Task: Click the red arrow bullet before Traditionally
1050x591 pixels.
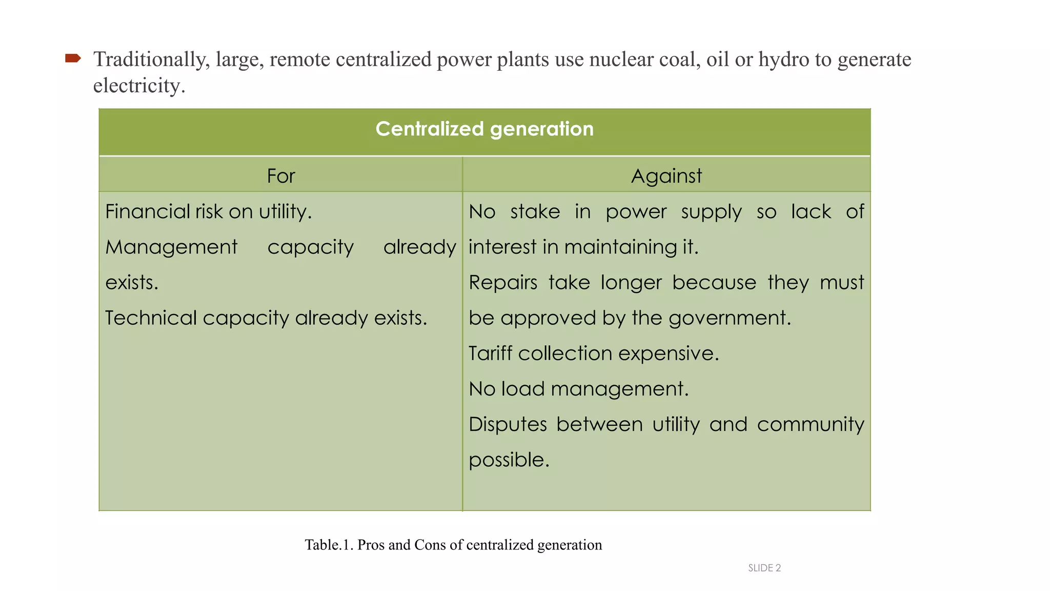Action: [73, 58]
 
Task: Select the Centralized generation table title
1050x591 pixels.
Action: [484, 129]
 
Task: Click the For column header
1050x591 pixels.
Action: [281, 176]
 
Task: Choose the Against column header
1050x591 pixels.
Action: [666, 176]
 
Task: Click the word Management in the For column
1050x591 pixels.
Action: [171, 247]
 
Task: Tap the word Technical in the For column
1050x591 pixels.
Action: [151, 318]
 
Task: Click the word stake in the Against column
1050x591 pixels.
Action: [535, 211]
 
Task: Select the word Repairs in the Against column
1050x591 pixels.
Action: [503, 283]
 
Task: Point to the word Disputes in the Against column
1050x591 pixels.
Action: [508, 424]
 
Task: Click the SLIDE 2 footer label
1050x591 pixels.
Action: [764, 568]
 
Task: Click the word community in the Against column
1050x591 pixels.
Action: [810, 424]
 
